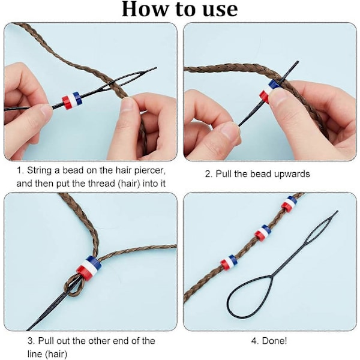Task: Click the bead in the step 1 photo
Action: pyautogui.click(x=72, y=101)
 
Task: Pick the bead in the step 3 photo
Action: pyautogui.click(x=89, y=268)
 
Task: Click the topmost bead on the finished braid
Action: pyautogui.click(x=289, y=203)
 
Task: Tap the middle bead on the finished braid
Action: pyautogui.click(x=263, y=232)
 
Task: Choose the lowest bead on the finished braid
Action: pyautogui.click(x=229, y=262)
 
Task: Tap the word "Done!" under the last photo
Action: pyautogui.click(x=274, y=341)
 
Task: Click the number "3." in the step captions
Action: pyautogui.click(x=31, y=341)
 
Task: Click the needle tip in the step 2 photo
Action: pyautogui.click(x=298, y=62)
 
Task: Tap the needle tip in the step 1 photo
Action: pyautogui.click(x=156, y=68)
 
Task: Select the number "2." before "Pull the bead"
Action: pyautogui.click(x=209, y=174)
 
